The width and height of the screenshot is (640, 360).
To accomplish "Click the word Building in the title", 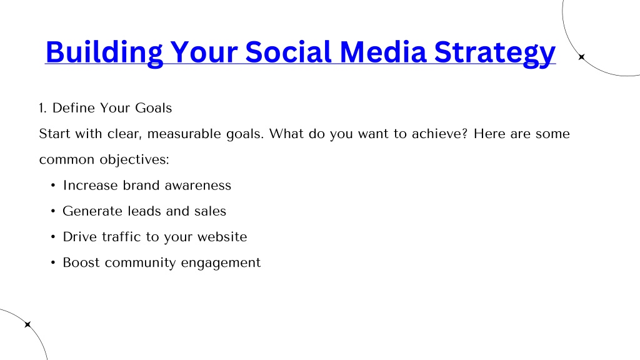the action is [104, 53].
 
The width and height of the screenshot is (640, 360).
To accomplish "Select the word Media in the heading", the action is [383, 52].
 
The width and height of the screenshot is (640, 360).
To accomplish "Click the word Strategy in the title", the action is [495, 53].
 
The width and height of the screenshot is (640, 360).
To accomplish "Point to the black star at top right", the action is [582, 57].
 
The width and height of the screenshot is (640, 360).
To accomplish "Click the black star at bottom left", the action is [27, 324].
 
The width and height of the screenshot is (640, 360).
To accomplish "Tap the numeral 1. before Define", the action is [43, 108].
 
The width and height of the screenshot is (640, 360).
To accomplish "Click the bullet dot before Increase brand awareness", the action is [53, 186].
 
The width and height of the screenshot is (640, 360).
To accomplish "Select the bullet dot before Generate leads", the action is [53, 211].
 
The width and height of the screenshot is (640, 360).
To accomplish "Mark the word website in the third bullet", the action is [222, 237].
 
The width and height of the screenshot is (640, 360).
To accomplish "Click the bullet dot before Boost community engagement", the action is [53, 263].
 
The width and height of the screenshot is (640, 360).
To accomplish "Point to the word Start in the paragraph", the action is [54, 134].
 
